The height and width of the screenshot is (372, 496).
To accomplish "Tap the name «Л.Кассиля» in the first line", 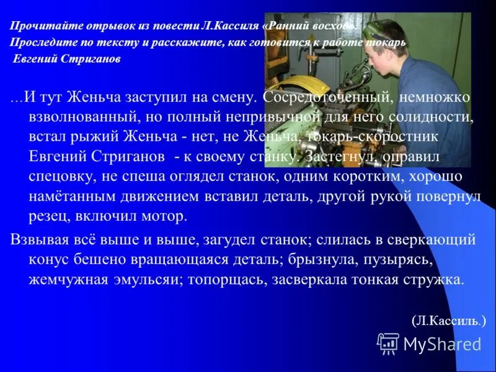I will pos(223,27).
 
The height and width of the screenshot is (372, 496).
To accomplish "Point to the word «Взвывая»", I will pos(41,239).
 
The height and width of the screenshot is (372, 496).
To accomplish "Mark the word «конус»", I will pos(51,259).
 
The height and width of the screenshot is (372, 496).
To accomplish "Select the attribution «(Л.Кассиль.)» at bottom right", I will pos(449,321).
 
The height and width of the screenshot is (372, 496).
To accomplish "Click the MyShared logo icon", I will pos(388,343).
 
